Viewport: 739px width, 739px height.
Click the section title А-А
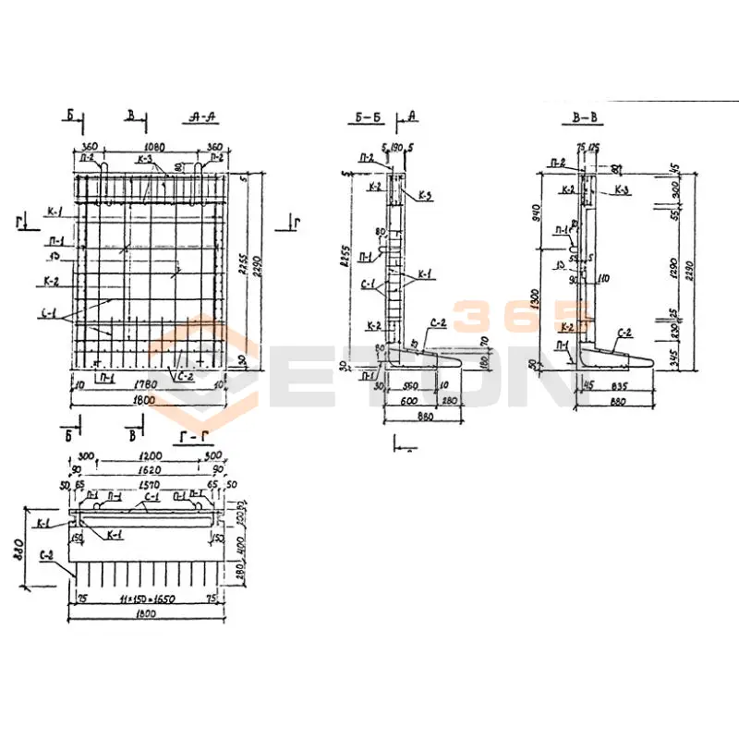pos(201,117)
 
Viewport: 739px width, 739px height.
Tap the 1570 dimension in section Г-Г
pos(150,482)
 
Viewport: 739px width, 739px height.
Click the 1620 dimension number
pos(150,469)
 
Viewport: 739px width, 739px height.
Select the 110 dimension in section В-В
pos(605,277)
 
